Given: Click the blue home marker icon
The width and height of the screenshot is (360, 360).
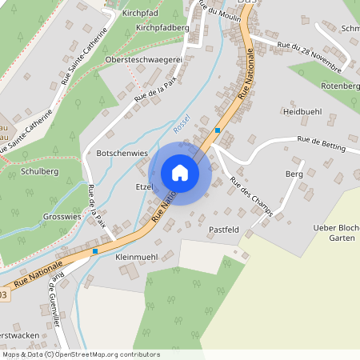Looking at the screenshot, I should (180, 173).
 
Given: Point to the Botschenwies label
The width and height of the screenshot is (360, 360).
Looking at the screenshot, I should (123, 151).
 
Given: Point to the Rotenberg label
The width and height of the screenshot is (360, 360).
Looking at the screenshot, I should (340, 86).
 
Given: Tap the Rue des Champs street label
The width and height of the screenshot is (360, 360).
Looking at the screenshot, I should (251, 196).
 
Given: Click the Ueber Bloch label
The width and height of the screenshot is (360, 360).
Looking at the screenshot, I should (336, 228).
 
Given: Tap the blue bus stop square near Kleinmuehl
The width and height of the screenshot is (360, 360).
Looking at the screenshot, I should (95, 251).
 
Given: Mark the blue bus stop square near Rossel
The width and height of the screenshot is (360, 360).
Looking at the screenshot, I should (218, 130).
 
